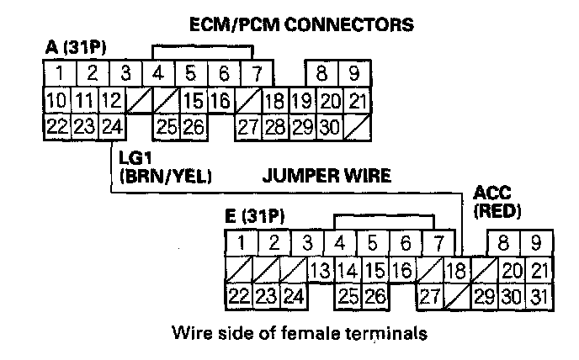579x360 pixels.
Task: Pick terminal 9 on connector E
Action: [x=535, y=245]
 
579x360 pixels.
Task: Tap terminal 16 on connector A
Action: [x=220, y=102]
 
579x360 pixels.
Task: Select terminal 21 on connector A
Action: [x=357, y=102]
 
